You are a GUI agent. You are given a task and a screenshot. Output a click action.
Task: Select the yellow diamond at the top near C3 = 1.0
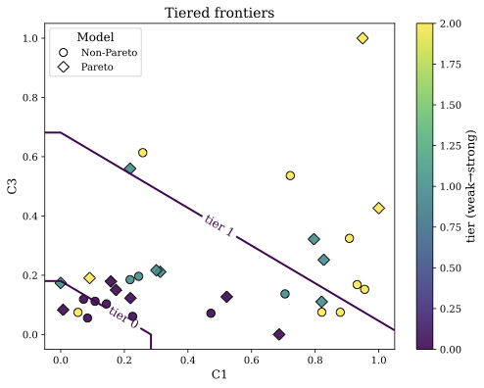pos(363,38)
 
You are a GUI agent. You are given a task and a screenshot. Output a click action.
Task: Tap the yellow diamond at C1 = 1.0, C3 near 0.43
pos(378,208)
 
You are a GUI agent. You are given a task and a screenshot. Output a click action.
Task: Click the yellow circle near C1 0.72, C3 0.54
pos(290,175)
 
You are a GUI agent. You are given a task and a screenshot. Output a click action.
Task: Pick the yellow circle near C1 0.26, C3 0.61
pos(143,153)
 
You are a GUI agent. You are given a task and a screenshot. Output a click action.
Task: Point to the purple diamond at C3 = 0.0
pos(279,334)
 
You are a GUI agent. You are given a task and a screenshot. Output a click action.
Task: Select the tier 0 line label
pos(123,318)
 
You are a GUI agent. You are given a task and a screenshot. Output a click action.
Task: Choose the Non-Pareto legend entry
pos(105,52)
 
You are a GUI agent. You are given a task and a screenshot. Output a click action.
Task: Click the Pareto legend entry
pos(95,67)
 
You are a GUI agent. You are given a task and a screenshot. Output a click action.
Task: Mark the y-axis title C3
pos(13,186)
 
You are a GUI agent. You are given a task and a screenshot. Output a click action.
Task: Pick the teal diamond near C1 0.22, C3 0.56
pos(130,169)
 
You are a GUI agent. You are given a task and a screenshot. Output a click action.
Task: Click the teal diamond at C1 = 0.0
pos(61,283)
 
